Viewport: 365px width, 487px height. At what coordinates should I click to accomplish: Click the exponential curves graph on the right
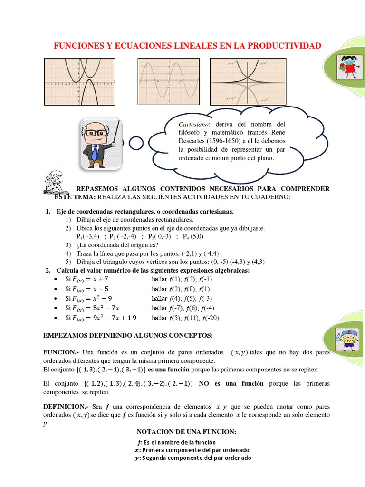click(x=248, y=81)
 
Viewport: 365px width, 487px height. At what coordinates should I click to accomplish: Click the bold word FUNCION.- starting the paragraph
click(x=60, y=352)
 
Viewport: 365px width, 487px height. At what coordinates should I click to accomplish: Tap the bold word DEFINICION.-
click(x=66, y=407)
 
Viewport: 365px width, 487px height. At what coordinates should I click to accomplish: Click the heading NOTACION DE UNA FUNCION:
click(x=186, y=432)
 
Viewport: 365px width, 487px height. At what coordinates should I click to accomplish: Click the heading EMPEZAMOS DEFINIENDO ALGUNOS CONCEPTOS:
click(x=128, y=335)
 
